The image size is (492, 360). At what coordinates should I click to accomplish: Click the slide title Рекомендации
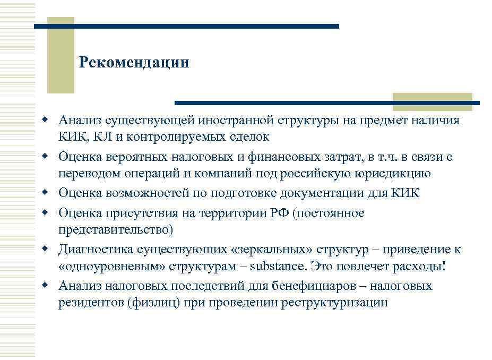(134, 63)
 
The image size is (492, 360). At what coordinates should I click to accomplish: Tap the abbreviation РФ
(277, 213)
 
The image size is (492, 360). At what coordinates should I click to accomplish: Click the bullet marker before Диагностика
(47, 248)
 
